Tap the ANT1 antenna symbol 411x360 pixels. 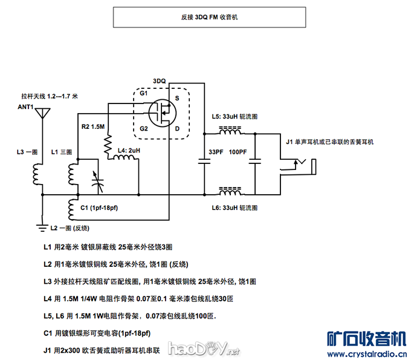42,114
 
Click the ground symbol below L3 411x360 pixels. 42,227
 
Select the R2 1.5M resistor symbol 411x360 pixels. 108,145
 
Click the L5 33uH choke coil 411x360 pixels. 230,131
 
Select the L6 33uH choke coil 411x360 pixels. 230,194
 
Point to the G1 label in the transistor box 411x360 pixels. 143,94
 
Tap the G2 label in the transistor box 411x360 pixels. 143,128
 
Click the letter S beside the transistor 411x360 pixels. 177,98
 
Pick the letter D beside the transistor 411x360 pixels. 177,128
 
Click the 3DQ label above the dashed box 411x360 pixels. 159,80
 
